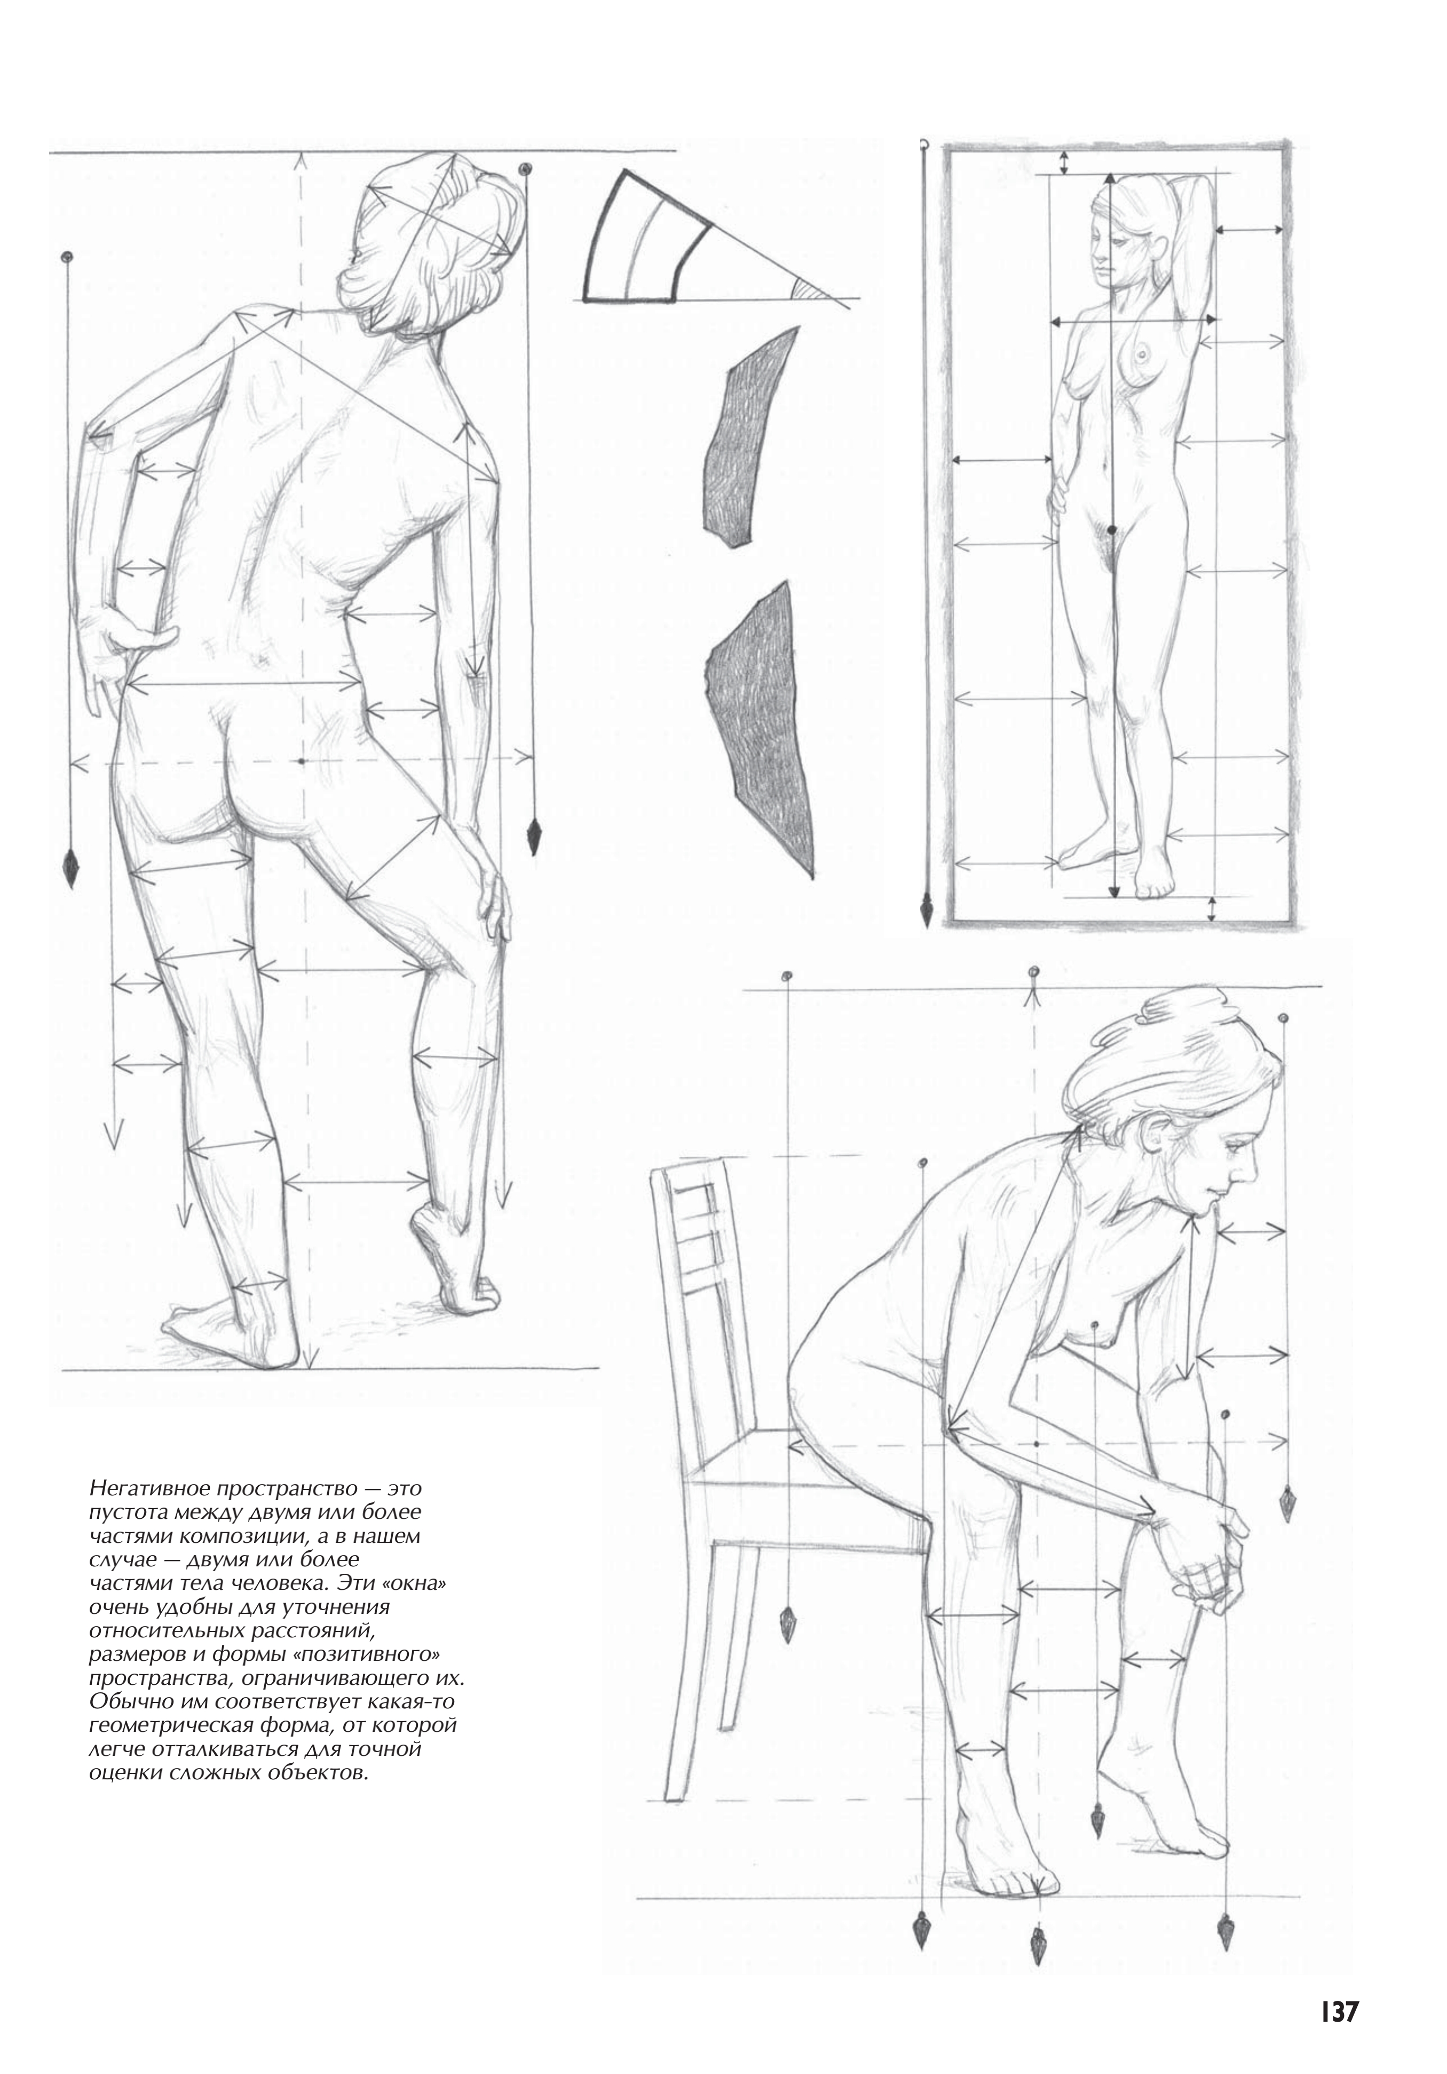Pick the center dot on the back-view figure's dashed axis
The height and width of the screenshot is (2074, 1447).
pyautogui.click(x=301, y=761)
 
